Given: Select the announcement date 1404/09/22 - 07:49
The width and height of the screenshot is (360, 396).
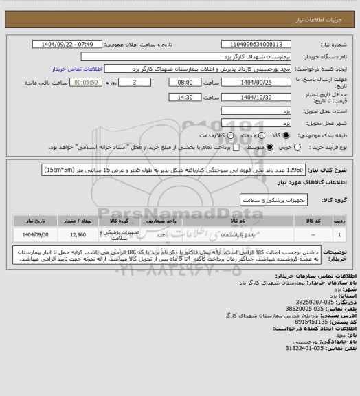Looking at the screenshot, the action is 69,45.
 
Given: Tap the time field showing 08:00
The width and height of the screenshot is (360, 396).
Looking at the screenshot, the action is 171,82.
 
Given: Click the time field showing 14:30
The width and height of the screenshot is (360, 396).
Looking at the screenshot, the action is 171,98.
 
